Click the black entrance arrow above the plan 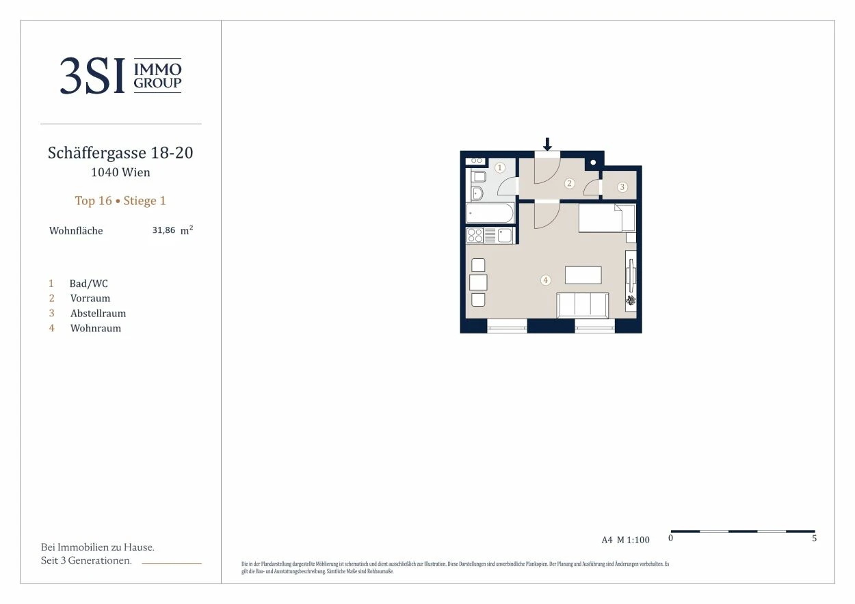[x=547, y=144]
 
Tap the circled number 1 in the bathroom [x=499, y=167]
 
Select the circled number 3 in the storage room [x=622, y=187]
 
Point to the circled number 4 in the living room [x=545, y=280]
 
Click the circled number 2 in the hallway [x=569, y=183]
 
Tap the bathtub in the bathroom [x=490, y=212]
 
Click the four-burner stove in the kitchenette [x=475, y=235]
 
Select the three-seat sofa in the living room [x=583, y=305]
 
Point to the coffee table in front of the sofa [x=583, y=275]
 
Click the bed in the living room [x=607, y=218]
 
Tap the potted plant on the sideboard [x=631, y=301]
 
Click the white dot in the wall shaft [x=593, y=163]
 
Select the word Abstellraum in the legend [x=98, y=314]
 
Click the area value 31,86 [x=163, y=230]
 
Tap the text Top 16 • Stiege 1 [x=120, y=201]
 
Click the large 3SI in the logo [x=92, y=75]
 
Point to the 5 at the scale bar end [x=814, y=538]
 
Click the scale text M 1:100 [x=633, y=540]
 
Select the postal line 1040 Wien [x=120, y=172]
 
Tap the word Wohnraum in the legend [x=96, y=329]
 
